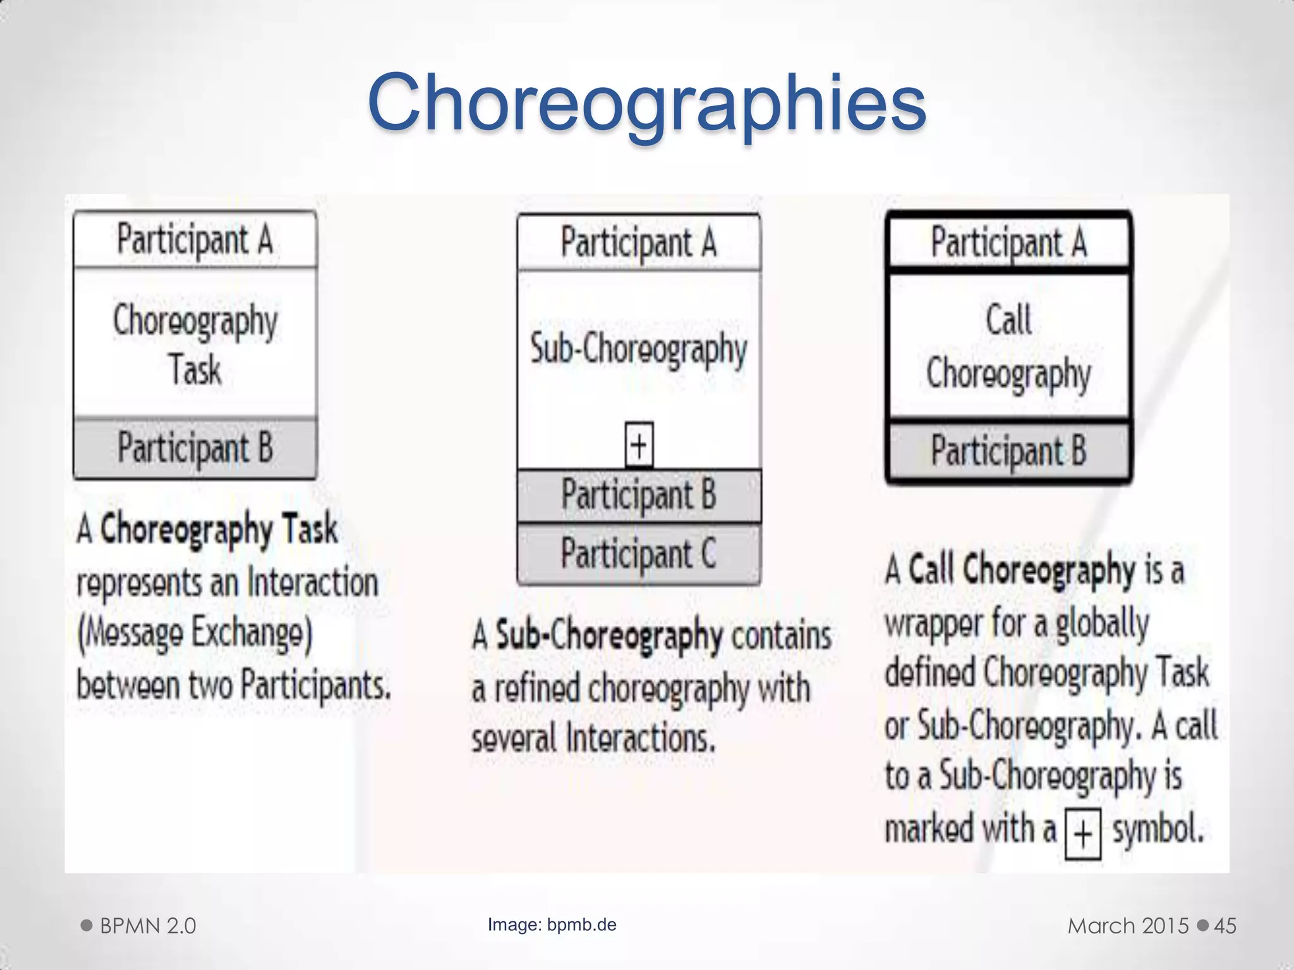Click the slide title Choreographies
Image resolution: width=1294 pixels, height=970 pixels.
pyautogui.click(x=646, y=103)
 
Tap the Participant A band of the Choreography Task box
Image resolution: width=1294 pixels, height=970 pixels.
pyautogui.click(x=195, y=240)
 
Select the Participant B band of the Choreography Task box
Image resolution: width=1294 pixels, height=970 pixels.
pyautogui.click(x=195, y=448)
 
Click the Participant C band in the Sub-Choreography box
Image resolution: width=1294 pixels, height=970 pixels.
pyautogui.click(x=639, y=554)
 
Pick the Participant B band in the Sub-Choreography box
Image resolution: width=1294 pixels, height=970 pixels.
pyautogui.click(x=639, y=494)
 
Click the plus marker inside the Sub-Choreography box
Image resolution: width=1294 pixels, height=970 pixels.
pyautogui.click(x=639, y=445)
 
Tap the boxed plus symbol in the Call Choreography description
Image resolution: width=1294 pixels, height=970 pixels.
pyautogui.click(x=1083, y=834)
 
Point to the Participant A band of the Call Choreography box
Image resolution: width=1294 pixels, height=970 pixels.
pyautogui.click(x=1009, y=242)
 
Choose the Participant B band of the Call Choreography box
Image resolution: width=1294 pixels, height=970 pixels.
pyautogui.click(x=1009, y=451)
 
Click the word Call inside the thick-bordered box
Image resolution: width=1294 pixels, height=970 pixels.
pyautogui.click(x=1009, y=320)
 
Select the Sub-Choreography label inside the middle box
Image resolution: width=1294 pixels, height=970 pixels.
pyautogui.click(x=639, y=349)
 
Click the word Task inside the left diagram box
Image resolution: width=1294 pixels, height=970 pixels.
pyautogui.click(x=195, y=369)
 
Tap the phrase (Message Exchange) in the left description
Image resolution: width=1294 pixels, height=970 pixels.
pyautogui.click(x=195, y=633)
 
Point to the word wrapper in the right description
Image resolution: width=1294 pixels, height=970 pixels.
pyautogui.click(x=933, y=624)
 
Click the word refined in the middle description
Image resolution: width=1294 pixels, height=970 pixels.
pyautogui.click(x=537, y=689)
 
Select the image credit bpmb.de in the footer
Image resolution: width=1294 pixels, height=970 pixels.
pyautogui.click(x=581, y=925)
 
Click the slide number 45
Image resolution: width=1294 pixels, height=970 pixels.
pyautogui.click(x=1225, y=926)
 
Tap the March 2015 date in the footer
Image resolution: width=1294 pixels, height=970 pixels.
pyautogui.click(x=1128, y=926)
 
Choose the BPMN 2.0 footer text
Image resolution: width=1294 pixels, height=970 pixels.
pyautogui.click(x=148, y=926)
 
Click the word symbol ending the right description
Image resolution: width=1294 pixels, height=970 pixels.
pyautogui.click(x=1158, y=829)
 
